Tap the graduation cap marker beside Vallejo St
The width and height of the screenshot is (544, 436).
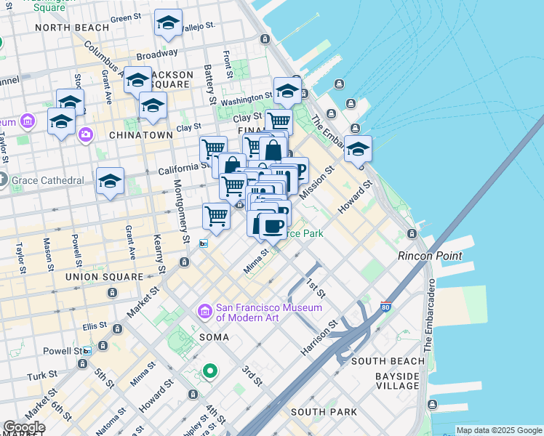click(168, 24)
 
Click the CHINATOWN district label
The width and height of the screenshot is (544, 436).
click(141, 135)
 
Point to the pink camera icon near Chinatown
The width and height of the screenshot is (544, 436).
click(87, 134)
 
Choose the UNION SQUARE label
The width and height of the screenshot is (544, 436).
click(104, 277)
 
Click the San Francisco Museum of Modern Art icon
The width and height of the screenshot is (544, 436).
click(204, 312)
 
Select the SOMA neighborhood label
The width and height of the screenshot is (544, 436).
click(215, 337)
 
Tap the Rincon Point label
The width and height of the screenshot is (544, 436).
click(429, 256)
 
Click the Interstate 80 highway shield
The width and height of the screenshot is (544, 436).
click(386, 307)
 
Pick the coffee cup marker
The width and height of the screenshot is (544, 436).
click(272, 225)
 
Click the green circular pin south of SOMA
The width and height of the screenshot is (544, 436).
click(210, 371)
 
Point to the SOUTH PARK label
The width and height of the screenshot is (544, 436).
click(324, 412)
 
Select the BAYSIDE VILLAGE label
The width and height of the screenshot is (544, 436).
click(397, 381)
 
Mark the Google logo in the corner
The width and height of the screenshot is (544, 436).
click(23, 427)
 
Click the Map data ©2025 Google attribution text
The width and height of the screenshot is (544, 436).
click(499, 430)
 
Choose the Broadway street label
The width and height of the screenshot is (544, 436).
click(157, 54)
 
